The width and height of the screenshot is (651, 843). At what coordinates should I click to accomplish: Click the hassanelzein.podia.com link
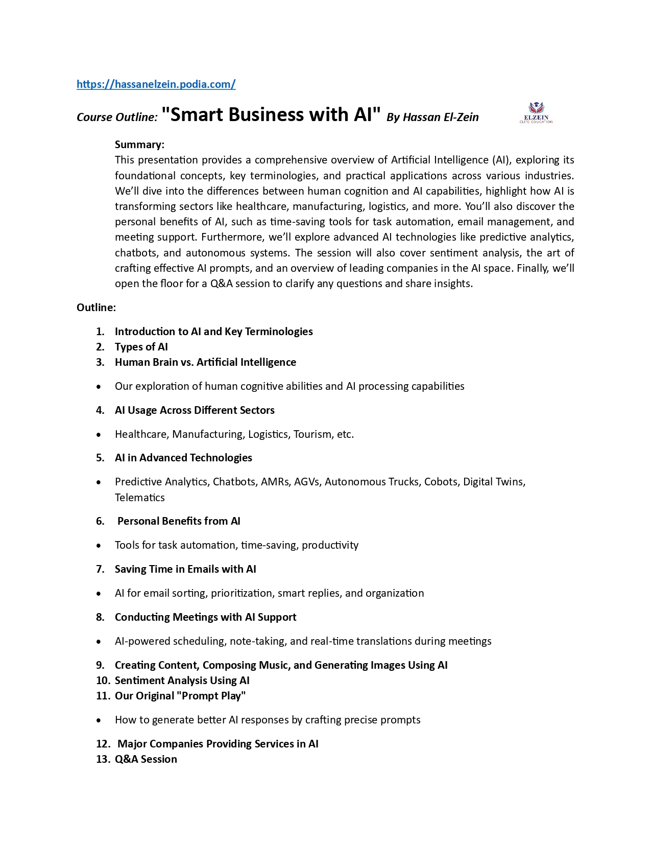click(x=156, y=84)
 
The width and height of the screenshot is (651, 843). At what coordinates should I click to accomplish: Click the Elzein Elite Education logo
click(x=536, y=113)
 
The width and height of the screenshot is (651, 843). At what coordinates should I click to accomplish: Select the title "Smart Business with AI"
click(x=271, y=114)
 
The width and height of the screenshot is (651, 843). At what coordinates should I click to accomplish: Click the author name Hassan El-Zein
click(x=441, y=117)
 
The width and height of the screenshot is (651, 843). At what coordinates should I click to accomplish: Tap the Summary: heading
click(x=139, y=145)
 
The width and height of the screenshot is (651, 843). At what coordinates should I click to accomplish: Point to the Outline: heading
click(x=96, y=308)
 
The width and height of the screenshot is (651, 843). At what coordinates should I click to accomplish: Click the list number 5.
click(x=100, y=458)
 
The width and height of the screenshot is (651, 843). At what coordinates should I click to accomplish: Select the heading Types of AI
click(x=141, y=347)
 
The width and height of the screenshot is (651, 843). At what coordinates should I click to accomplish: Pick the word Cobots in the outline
click(x=441, y=482)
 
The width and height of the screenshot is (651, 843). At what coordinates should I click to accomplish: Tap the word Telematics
click(x=139, y=498)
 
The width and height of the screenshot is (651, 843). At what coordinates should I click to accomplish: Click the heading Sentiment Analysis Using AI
click(x=182, y=681)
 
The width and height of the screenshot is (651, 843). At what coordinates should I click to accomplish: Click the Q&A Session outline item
click(x=146, y=759)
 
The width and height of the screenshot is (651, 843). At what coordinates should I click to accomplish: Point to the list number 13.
click(x=103, y=759)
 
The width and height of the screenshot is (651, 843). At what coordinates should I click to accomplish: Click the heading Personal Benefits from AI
click(x=179, y=521)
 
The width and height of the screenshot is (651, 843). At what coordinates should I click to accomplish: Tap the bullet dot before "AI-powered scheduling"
click(x=99, y=642)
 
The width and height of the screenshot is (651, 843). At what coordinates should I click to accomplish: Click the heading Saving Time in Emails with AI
click(x=185, y=569)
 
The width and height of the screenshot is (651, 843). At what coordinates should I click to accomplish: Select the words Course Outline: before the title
click(x=117, y=118)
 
